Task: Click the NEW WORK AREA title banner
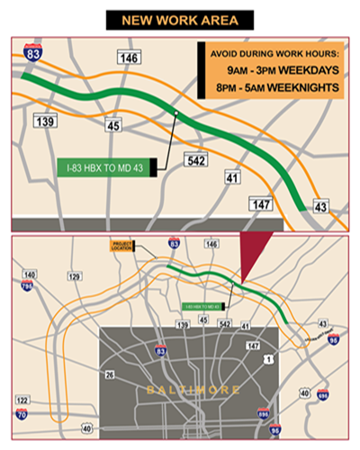click(179, 19)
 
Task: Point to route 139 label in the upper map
click(42, 121)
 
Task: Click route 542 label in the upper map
click(195, 160)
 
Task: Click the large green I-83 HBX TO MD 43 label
click(104, 166)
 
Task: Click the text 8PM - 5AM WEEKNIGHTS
click(269, 87)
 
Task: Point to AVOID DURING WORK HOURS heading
click(268, 52)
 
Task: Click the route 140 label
click(31, 274)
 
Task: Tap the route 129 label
click(75, 276)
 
